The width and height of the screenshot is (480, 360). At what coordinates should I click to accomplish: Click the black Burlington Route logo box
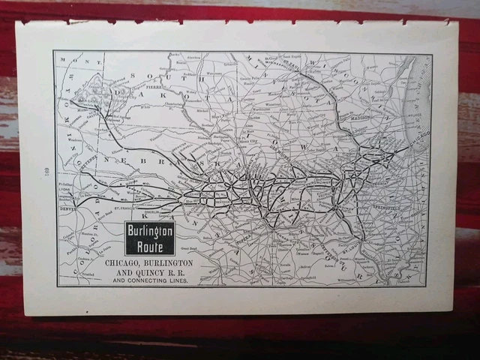pyautogui.click(x=149, y=238)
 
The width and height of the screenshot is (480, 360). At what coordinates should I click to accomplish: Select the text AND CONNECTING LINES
pyautogui.click(x=150, y=281)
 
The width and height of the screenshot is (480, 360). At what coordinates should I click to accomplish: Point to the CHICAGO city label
pyautogui.click(x=417, y=139)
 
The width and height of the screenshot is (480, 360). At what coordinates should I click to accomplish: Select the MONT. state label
pyautogui.click(x=72, y=59)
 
